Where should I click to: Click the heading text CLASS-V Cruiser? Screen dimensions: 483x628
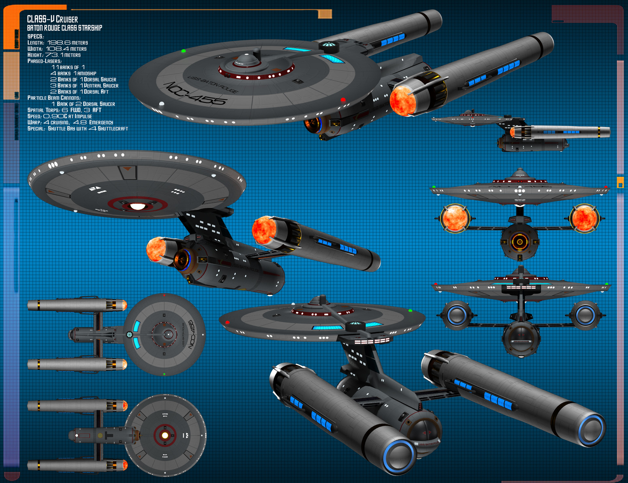point(52,19)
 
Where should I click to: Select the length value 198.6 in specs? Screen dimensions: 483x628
point(59,43)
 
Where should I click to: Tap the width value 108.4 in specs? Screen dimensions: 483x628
point(57,49)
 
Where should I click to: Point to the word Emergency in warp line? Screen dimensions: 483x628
point(101,122)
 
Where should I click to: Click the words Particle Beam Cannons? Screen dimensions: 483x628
point(54,98)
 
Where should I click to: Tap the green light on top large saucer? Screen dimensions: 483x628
point(183,51)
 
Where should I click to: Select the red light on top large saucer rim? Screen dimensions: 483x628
point(343,99)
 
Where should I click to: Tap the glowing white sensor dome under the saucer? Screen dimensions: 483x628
point(137,206)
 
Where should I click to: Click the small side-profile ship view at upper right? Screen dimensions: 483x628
point(520,131)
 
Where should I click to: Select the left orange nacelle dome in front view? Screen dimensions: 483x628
point(454,218)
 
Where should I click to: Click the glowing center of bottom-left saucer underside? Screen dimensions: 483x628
point(165,435)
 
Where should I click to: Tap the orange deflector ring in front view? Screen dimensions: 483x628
point(519,242)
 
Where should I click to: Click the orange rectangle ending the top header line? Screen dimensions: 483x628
point(325,14)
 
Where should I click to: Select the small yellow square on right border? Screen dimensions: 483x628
point(620,182)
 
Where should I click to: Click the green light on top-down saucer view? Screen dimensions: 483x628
point(164,374)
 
